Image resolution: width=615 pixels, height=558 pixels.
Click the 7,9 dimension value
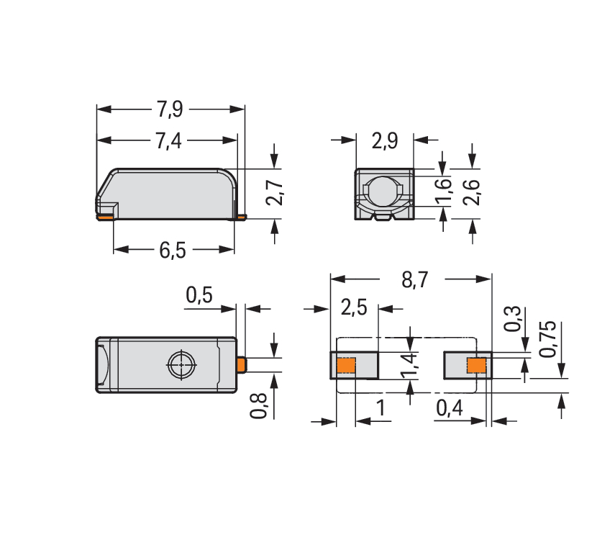(x=170, y=109)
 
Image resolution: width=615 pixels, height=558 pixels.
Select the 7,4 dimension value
(x=169, y=140)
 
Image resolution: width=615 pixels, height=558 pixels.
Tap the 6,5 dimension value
(x=172, y=250)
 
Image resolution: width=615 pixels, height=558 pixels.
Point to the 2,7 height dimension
(x=275, y=193)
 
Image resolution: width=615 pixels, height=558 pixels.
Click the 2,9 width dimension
(x=385, y=140)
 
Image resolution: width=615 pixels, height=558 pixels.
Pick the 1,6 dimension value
(x=444, y=192)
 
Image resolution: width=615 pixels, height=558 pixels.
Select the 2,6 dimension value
(x=471, y=192)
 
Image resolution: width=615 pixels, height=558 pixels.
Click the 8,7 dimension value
(x=414, y=280)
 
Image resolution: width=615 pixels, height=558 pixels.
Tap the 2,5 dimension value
(x=354, y=307)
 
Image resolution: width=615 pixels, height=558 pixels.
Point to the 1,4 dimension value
(x=409, y=366)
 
